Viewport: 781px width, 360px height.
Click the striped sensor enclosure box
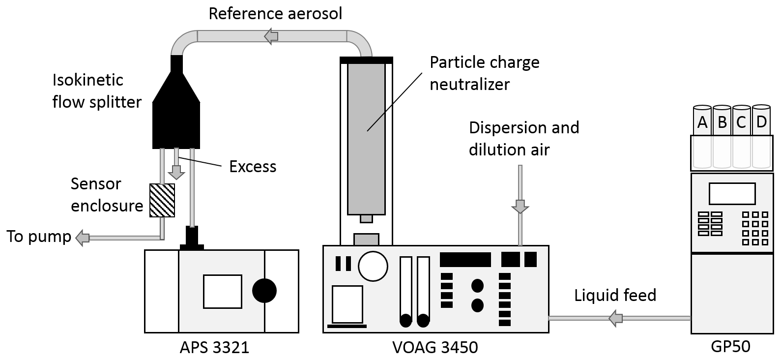[162, 201]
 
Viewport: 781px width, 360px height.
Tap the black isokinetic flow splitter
[176, 116]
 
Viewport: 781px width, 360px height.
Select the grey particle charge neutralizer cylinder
[366, 138]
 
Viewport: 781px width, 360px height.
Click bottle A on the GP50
[702, 121]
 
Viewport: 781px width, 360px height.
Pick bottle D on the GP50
[761, 121]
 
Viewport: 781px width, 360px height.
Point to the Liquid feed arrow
[615, 318]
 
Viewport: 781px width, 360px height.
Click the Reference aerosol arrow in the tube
[271, 36]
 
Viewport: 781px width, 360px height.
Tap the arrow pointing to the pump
[82, 238]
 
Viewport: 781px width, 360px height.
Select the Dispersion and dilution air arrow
[520, 206]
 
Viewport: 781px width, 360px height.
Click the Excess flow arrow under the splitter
[176, 172]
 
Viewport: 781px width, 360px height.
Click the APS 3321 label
[214, 348]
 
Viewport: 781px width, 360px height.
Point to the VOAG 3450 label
[435, 348]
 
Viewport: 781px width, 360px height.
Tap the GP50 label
[730, 347]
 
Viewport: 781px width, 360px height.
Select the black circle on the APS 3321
[264, 291]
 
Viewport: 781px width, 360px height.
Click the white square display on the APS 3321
[222, 291]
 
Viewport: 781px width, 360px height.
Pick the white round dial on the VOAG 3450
[373, 266]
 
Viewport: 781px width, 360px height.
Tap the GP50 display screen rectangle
[732, 194]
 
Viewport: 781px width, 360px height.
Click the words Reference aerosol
[275, 13]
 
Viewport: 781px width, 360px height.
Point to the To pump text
[39, 237]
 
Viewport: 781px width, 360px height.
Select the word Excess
[253, 167]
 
